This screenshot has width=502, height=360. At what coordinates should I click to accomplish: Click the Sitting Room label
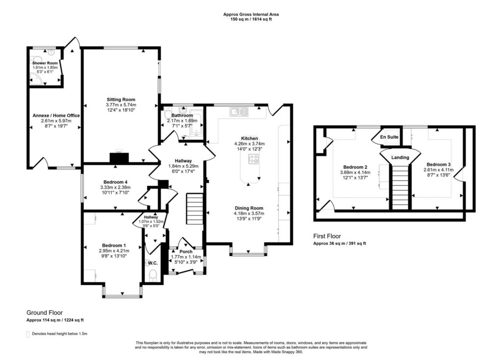pos(121,100)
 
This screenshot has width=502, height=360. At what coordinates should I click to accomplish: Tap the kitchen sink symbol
pos(239,111)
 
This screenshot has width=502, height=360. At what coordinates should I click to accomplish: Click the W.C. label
pos(152,263)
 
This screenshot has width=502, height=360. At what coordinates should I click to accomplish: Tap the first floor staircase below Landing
pos(400,187)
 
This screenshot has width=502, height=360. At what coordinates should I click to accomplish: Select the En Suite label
pos(389,137)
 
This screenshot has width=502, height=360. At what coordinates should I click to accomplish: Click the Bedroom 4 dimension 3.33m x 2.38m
pos(115,187)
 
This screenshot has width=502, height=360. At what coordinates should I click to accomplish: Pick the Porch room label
pos(186,252)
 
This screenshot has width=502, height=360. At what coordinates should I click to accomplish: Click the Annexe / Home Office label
pos(56,116)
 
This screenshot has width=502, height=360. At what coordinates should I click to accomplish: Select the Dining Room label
pos(249,208)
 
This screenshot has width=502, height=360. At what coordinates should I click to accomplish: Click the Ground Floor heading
pos(45,312)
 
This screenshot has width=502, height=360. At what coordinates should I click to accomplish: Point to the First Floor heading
pos(327,236)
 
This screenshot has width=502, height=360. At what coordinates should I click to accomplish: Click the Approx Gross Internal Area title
pos(251,14)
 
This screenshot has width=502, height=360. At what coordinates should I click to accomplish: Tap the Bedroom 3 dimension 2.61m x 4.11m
pos(438,170)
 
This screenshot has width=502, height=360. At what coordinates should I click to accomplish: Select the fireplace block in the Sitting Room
pos(119,158)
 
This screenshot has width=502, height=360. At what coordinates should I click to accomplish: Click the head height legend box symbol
pos(28,334)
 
